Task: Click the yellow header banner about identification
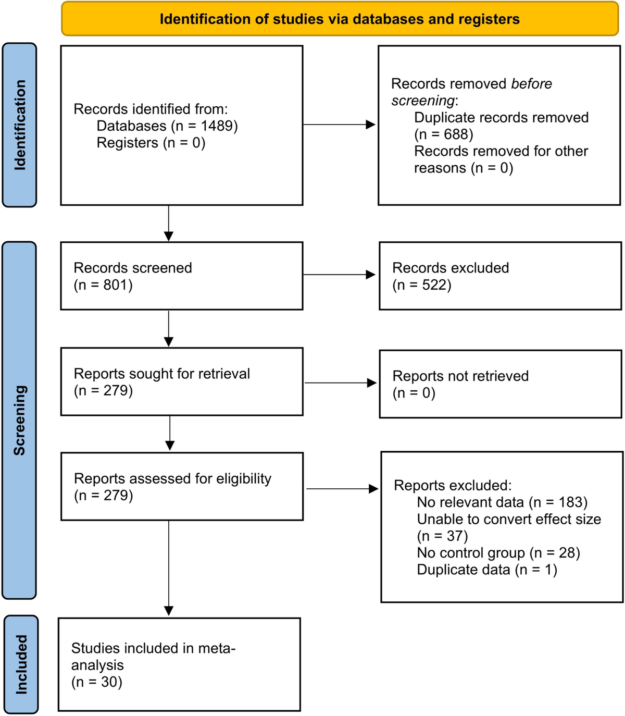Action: [340, 19]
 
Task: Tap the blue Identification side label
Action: [19, 125]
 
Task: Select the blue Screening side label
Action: [19, 420]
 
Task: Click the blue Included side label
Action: [21, 664]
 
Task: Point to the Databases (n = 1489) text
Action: [167, 126]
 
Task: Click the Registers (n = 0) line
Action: [151, 143]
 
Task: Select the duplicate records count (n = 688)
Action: [444, 134]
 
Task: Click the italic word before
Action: [531, 84]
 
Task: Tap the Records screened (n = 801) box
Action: [181, 276]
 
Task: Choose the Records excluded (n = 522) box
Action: [500, 276]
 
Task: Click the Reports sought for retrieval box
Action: [181, 381]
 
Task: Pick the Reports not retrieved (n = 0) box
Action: [500, 384]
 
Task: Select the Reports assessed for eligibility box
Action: [181, 486]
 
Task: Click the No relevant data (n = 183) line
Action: [502, 502]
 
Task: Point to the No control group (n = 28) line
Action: [498, 553]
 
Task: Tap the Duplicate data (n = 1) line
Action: [487, 570]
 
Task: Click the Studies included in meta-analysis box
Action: [179, 664]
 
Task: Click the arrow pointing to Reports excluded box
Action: [342, 489]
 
